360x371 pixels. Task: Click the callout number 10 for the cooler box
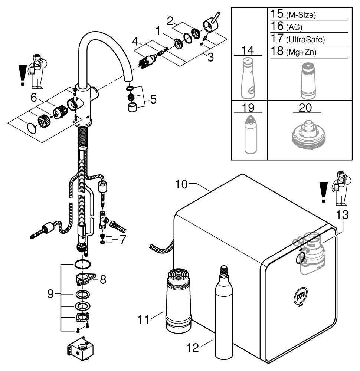[x=181, y=184]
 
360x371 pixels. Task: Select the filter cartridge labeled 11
[x=179, y=301]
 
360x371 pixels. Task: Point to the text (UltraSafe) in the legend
[x=305, y=40]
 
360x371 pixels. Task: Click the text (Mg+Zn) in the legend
[x=301, y=52]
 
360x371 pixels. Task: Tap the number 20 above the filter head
[x=305, y=108]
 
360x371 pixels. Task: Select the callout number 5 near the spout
[x=153, y=99]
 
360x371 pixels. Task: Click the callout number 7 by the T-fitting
[x=123, y=240]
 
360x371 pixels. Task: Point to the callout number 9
[x=50, y=294]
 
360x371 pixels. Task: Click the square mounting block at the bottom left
[x=80, y=349]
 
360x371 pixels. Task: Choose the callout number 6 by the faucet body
[x=34, y=97]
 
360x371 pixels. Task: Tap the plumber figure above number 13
[x=341, y=188]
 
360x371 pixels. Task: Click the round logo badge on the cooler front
[x=300, y=296]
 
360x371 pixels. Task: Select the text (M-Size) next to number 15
[x=301, y=15]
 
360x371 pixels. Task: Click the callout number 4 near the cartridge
[x=135, y=42]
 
